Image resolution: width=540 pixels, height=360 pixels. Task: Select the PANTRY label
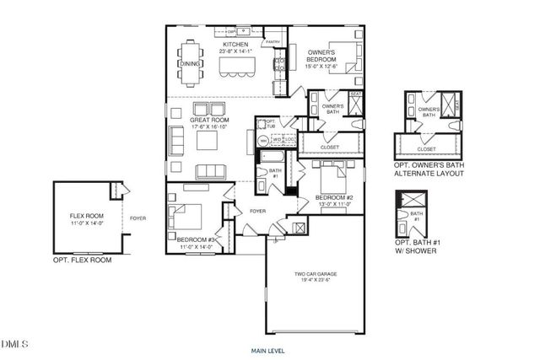tap(273, 41)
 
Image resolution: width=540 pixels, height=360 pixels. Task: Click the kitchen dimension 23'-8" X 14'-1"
tap(234, 51)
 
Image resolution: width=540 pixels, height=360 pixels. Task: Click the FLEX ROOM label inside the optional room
tap(85, 217)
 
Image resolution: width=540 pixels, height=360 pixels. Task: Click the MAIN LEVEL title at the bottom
tap(270, 349)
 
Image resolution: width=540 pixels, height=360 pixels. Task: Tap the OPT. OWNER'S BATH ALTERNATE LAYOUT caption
tap(430, 169)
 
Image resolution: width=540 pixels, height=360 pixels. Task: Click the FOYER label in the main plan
tap(257, 212)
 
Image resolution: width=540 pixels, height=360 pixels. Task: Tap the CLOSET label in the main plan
tap(330, 147)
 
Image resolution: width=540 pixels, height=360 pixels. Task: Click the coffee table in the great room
tap(208, 140)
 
